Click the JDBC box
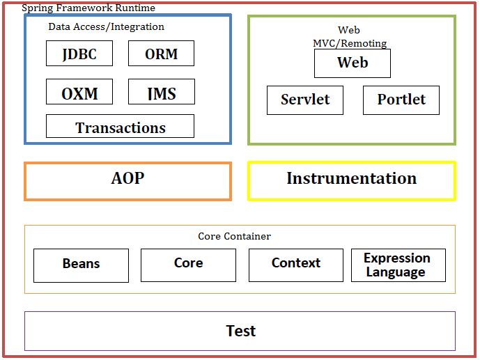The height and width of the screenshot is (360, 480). tap(79, 54)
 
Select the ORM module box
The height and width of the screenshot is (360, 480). tap(161, 54)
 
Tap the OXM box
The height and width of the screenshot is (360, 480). tap(79, 92)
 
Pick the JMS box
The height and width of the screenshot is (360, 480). tap(161, 92)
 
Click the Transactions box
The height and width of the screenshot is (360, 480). tap(120, 127)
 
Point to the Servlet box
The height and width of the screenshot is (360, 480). tap(305, 100)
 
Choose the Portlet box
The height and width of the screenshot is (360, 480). tap(401, 100)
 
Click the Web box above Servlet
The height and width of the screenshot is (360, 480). tap(352, 63)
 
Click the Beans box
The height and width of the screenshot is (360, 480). tap(81, 265)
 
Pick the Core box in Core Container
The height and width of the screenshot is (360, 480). tap(188, 264)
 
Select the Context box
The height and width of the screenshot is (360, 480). tap(295, 264)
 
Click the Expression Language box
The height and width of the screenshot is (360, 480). tap(398, 265)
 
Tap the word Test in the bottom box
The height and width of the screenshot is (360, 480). tap(240, 331)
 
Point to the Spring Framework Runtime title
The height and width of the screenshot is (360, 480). tap(88, 8)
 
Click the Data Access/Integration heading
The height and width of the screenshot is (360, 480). tap(106, 27)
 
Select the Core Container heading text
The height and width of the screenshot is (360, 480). tap(234, 237)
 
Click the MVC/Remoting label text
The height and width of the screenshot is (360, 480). tap(350, 43)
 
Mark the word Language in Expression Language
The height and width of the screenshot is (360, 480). tap(396, 272)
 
